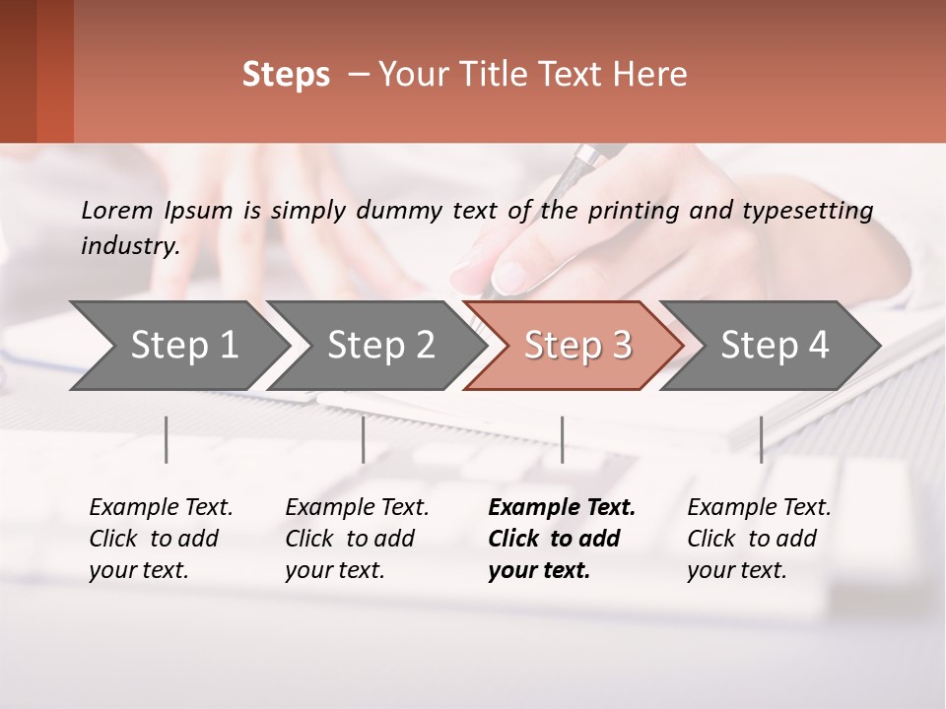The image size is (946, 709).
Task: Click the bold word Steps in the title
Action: click(x=286, y=75)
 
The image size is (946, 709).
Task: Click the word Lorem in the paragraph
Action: click(x=116, y=210)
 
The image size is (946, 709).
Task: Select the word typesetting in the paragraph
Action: click(x=808, y=210)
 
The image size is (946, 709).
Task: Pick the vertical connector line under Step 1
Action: click(x=166, y=439)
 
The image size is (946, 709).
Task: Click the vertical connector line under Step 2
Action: click(x=363, y=439)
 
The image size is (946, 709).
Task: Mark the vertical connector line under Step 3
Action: click(x=562, y=439)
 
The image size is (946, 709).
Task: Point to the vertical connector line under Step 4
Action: click(x=761, y=439)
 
